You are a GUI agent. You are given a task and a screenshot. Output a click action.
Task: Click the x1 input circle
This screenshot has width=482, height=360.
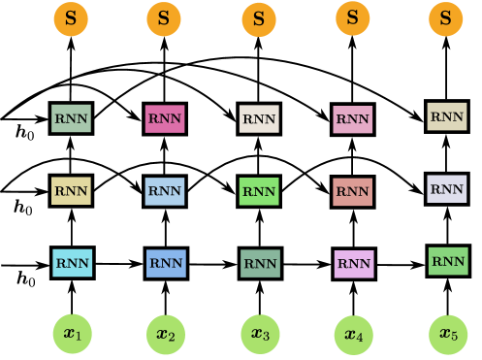tap(72, 335)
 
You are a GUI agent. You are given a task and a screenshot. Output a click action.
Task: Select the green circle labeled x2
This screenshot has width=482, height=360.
tap(165, 336)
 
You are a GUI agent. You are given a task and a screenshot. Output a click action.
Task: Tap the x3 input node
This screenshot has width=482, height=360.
tap(259, 335)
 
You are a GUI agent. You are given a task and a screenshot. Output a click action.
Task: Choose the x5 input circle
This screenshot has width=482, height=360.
tap(446, 335)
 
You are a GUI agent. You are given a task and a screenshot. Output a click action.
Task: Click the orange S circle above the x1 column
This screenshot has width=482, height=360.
tap(71, 18)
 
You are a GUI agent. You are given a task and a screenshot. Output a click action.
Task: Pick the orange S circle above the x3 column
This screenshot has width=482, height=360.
tap(259, 18)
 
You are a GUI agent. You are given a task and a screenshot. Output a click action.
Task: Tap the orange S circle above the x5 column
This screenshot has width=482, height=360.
tap(446, 17)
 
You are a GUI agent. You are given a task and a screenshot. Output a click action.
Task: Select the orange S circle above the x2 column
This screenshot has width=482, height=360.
tap(164, 18)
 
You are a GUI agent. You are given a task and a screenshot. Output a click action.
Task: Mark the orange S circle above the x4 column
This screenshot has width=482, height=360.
tap(353, 17)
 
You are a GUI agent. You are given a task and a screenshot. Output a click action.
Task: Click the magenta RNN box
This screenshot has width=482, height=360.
tap(164, 119)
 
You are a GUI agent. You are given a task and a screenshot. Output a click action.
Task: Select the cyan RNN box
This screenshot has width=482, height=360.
tap(73, 262)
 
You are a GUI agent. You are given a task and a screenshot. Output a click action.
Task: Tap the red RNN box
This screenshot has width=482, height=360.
tap(352, 191)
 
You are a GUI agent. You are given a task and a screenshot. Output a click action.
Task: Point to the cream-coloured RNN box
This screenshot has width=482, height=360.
tap(259, 120)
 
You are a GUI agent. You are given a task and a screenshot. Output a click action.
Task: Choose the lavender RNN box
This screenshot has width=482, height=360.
tap(447, 188)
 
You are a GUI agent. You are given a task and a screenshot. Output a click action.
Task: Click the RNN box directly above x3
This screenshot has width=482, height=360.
tap(260, 263)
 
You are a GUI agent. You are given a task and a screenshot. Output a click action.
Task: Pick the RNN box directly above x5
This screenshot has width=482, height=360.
tap(447, 261)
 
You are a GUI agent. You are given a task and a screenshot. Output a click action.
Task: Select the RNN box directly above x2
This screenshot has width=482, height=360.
tap(166, 262)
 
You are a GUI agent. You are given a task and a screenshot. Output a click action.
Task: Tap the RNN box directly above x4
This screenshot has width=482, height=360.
tap(354, 263)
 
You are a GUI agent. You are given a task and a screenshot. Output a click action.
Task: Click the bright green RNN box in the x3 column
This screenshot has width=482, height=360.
tap(259, 191)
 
